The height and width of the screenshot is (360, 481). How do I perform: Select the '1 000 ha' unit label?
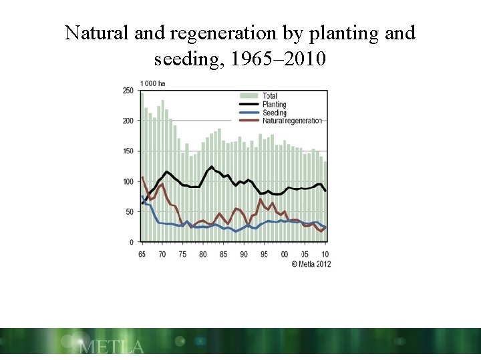152,83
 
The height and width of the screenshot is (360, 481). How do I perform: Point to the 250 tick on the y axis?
127,91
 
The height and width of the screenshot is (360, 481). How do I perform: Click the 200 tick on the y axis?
127,121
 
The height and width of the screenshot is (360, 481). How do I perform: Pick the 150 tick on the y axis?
127,151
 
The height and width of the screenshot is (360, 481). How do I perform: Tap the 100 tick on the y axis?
127,181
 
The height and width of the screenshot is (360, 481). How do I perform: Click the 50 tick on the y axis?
128,211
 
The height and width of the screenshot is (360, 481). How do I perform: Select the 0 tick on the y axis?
130,242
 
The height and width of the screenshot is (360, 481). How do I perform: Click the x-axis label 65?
142,255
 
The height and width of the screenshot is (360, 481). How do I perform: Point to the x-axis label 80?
203,255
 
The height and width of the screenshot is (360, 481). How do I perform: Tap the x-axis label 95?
264,255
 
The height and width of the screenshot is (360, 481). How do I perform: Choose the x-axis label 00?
285,255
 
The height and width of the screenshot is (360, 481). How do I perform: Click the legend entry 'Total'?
270,96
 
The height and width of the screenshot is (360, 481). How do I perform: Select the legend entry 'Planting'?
274,105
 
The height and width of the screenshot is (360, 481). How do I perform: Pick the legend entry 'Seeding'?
274,113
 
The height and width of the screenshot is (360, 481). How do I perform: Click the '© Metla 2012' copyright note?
311,264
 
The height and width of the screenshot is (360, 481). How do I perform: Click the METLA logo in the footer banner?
111,347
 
